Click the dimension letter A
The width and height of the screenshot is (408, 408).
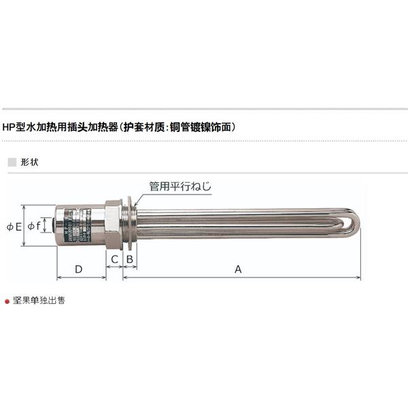[x=238, y=269]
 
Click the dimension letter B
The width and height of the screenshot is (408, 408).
[x=129, y=259]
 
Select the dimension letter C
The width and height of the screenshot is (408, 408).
[x=114, y=259]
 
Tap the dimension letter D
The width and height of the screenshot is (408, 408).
[x=79, y=269]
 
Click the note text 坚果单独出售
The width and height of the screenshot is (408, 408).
[x=39, y=299]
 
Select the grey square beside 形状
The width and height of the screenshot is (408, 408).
[x=10, y=163]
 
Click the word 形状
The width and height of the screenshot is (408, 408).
[x=29, y=163]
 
